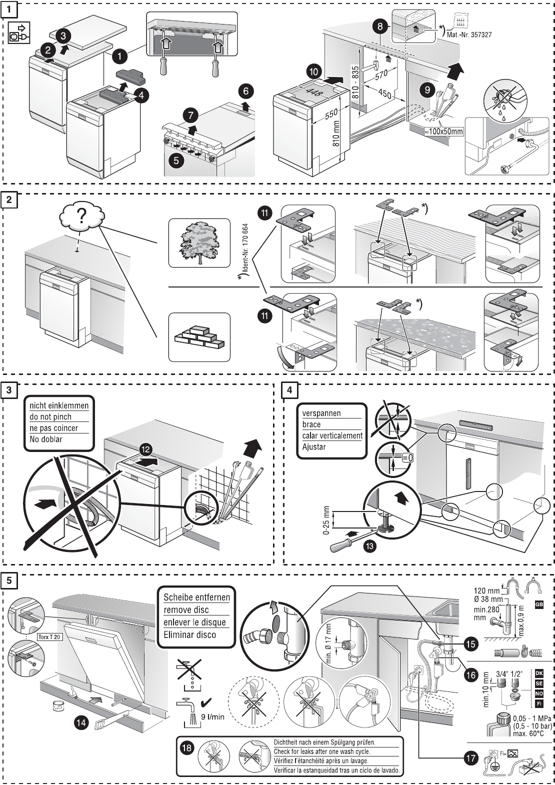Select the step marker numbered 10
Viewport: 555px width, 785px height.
point(313,71)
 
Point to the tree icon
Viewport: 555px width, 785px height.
point(199,242)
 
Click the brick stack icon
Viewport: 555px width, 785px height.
point(199,337)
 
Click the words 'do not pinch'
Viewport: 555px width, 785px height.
point(50,416)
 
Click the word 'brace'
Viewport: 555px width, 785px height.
point(311,424)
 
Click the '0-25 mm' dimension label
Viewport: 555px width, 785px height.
point(326,520)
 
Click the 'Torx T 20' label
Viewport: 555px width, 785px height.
point(49,637)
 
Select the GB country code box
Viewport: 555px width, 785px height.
point(538,604)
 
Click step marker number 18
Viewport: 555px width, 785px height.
point(187,748)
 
